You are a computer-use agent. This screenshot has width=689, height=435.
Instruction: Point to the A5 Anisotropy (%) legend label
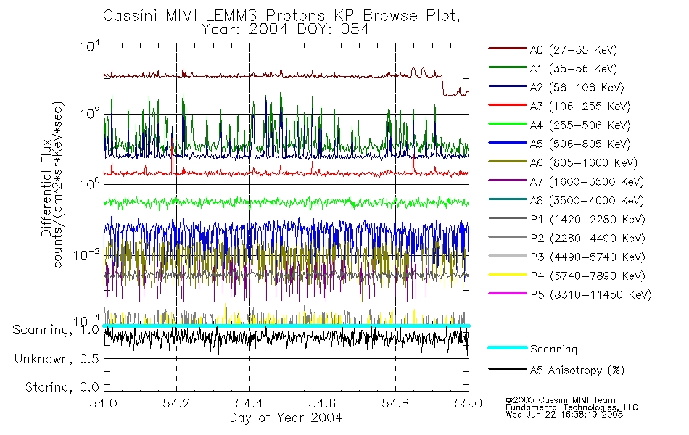576,370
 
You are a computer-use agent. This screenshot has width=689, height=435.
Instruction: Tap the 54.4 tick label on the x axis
249,402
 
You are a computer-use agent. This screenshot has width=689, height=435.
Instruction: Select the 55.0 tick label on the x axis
468,402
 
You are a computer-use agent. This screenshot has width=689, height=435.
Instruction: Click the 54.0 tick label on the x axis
104,402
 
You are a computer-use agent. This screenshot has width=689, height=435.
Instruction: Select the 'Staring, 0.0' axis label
62,386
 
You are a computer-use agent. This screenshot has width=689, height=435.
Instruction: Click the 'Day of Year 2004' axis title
286,417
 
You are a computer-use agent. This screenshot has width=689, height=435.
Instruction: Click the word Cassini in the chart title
126,15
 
